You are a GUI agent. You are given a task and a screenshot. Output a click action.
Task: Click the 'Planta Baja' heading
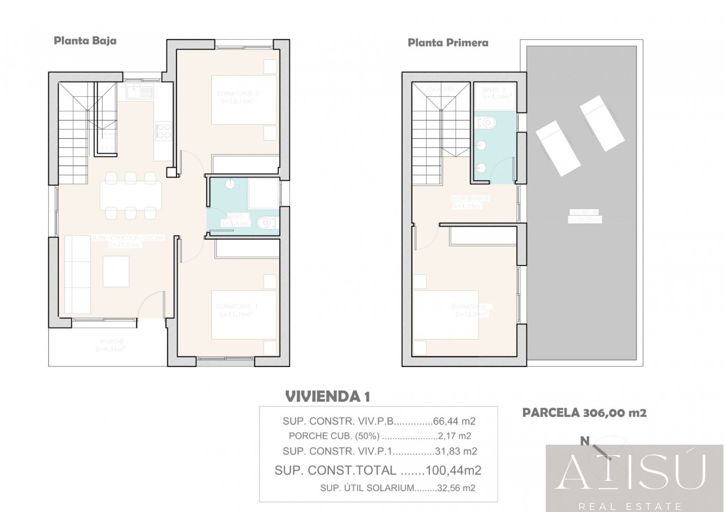click(x=85, y=40)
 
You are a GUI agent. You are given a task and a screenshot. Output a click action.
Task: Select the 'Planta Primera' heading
click(x=447, y=42)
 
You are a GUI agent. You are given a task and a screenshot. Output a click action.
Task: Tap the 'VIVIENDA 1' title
click(x=327, y=397)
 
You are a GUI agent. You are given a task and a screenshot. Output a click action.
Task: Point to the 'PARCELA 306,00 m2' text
click(x=584, y=413)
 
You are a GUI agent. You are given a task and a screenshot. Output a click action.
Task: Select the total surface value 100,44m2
click(x=453, y=470)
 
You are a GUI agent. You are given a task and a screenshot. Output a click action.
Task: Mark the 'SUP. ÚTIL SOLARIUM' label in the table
click(x=367, y=488)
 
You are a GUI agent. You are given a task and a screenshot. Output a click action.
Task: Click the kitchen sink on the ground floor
click(x=139, y=93)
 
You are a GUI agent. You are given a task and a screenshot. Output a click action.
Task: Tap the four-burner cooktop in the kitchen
click(x=164, y=130)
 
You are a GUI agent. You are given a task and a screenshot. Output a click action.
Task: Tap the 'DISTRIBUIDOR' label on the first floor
click(x=470, y=198)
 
